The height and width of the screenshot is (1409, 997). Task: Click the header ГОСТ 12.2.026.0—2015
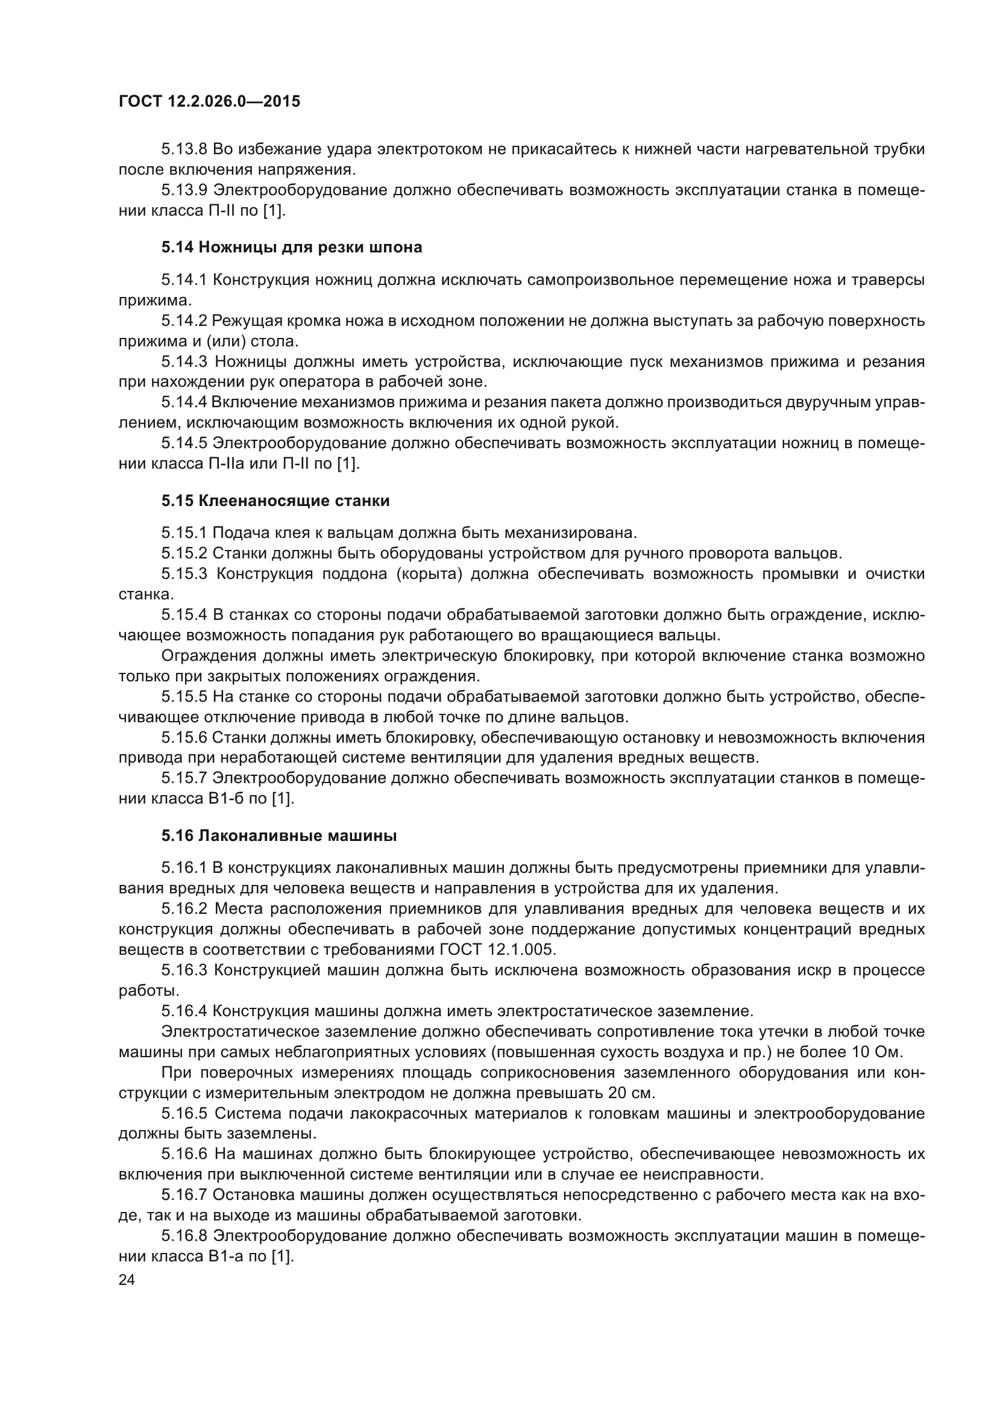tap(209, 101)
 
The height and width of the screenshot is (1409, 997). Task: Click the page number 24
tap(127, 1279)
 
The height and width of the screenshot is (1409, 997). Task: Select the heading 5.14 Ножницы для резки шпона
tap(292, 248)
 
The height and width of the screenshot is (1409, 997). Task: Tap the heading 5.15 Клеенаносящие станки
tap(275, 501)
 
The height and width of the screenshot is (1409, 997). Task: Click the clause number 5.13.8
tap(185, 149)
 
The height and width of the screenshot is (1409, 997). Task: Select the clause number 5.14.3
tap(186, 361)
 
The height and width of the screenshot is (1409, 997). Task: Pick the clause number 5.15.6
tap(185, 737)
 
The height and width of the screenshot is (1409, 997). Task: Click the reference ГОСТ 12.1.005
tap(497, 949)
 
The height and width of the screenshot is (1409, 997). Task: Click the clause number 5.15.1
tap(185, 533)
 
